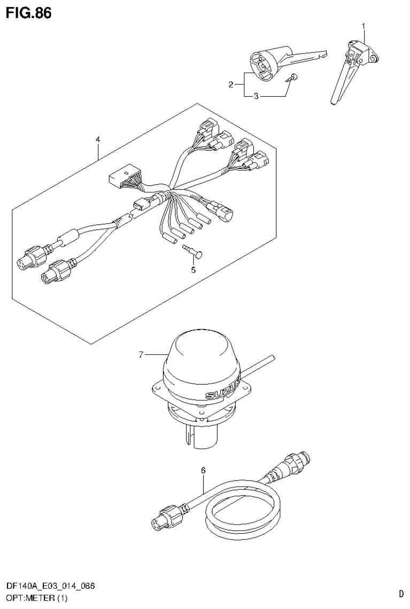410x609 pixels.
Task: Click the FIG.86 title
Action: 29,13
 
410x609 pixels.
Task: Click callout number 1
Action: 364,26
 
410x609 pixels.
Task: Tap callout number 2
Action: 231,84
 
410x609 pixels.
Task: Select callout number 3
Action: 256,97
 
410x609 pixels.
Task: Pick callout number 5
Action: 193,270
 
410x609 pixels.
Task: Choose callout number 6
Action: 203,471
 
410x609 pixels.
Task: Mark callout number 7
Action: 141,354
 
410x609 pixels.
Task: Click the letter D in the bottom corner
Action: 401,593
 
